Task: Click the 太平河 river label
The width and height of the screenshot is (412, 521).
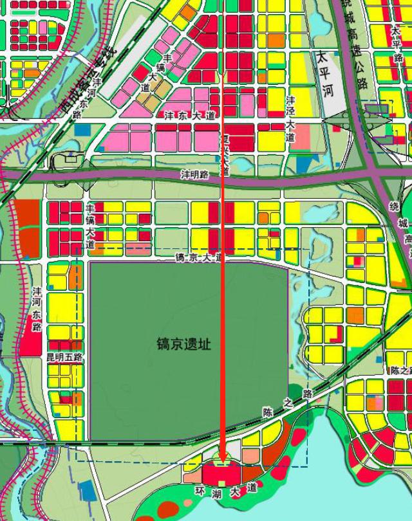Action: coord(326,74)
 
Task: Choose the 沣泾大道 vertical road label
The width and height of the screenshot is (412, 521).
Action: coord(290,118)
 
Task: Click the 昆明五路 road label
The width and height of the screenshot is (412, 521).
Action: coord(64,356)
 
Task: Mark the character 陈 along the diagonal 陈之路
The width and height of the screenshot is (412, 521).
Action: coord(268,410)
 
